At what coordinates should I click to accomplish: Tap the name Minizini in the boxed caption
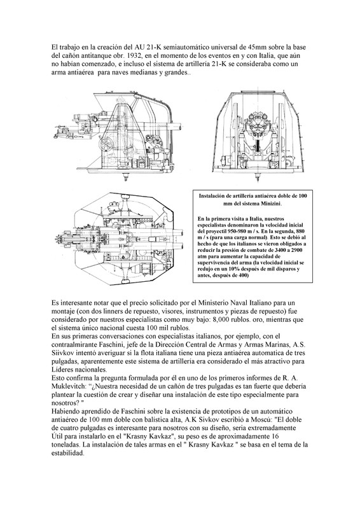[x=271, y=204]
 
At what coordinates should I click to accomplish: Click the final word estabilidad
[x=68, y=454]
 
